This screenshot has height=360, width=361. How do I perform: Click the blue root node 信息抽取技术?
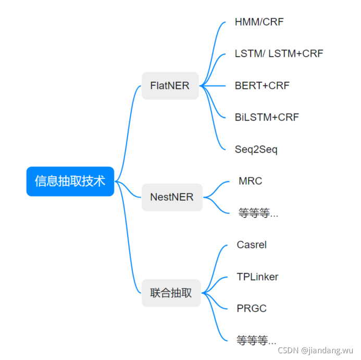pos(70,181)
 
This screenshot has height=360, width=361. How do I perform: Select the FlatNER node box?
pos(170,85)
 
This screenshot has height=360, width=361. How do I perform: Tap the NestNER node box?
pos(171,197)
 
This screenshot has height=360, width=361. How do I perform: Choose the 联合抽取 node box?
pos(171,293)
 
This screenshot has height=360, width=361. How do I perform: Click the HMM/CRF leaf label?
pos(259,22)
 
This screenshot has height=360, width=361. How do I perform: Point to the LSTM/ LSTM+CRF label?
pos(279,54)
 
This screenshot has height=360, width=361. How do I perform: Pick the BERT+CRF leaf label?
pos(262,85)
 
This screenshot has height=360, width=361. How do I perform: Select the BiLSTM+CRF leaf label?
pos(267,117)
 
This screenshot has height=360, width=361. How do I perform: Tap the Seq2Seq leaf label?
pos(256,149)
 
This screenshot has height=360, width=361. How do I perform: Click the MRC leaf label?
pos(250,181)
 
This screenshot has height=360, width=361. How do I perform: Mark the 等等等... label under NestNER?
pos(258,213)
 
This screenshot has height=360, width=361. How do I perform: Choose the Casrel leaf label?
pos(251,245)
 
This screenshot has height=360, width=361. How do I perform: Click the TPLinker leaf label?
pos(257,277)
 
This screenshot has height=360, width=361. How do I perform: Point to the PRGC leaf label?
pos(251,308)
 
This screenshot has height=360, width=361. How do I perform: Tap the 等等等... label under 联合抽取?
pos(256,341)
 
